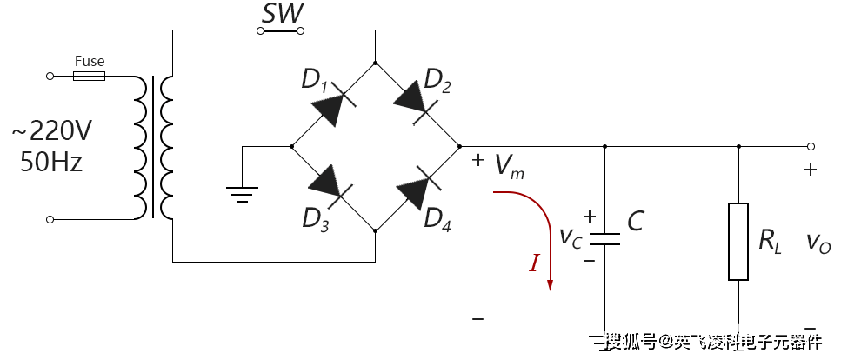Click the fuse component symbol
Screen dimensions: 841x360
tap(89, 77)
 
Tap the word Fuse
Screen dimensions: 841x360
tap(90, 61)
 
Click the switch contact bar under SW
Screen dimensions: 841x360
tap(281, 31)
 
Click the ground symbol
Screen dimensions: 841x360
tap(242, 194)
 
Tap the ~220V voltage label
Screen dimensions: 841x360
tap(52, 130)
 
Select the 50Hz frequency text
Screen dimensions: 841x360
tap(51, 161)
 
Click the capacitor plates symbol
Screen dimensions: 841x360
tap(605, 239)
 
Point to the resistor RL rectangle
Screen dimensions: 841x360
tap(738, 242)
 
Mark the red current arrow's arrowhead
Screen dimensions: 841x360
tap(550, 284)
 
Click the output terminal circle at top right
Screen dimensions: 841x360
tap(811, 146)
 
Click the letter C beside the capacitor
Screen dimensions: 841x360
tap(636, 221)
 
